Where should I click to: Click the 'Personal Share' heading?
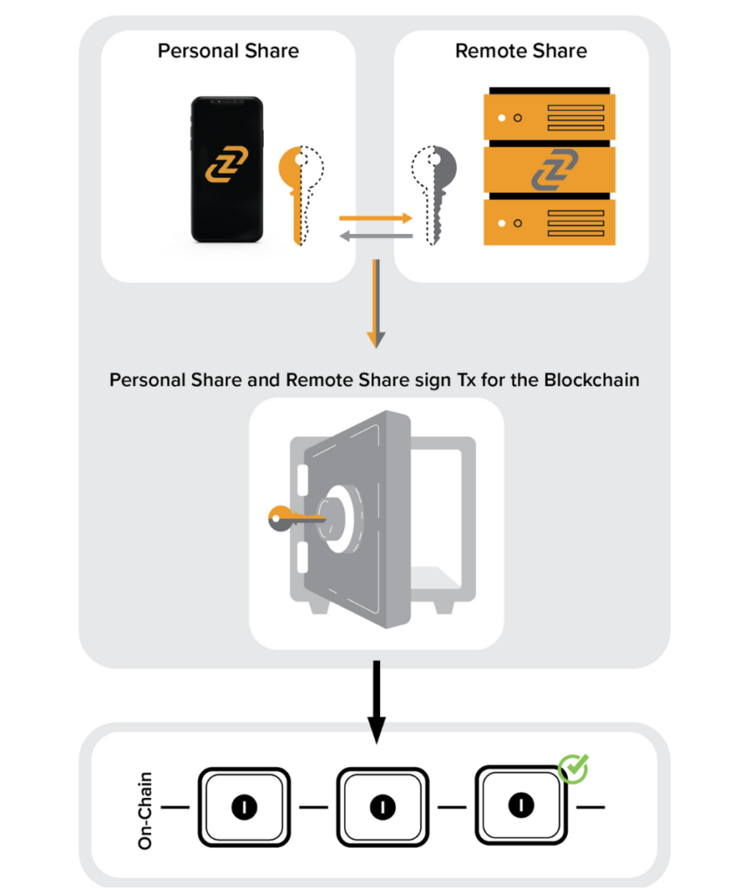click(228, 51)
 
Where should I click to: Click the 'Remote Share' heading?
click(521, 51)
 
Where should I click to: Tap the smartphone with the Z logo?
click(227, 169)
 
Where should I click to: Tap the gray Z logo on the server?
click(550, 171)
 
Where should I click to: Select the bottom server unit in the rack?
click(550, 222)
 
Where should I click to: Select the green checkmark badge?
click(573, 769)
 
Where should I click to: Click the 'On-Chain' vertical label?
click(146, 809)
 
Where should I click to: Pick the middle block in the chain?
click(381, 807)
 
